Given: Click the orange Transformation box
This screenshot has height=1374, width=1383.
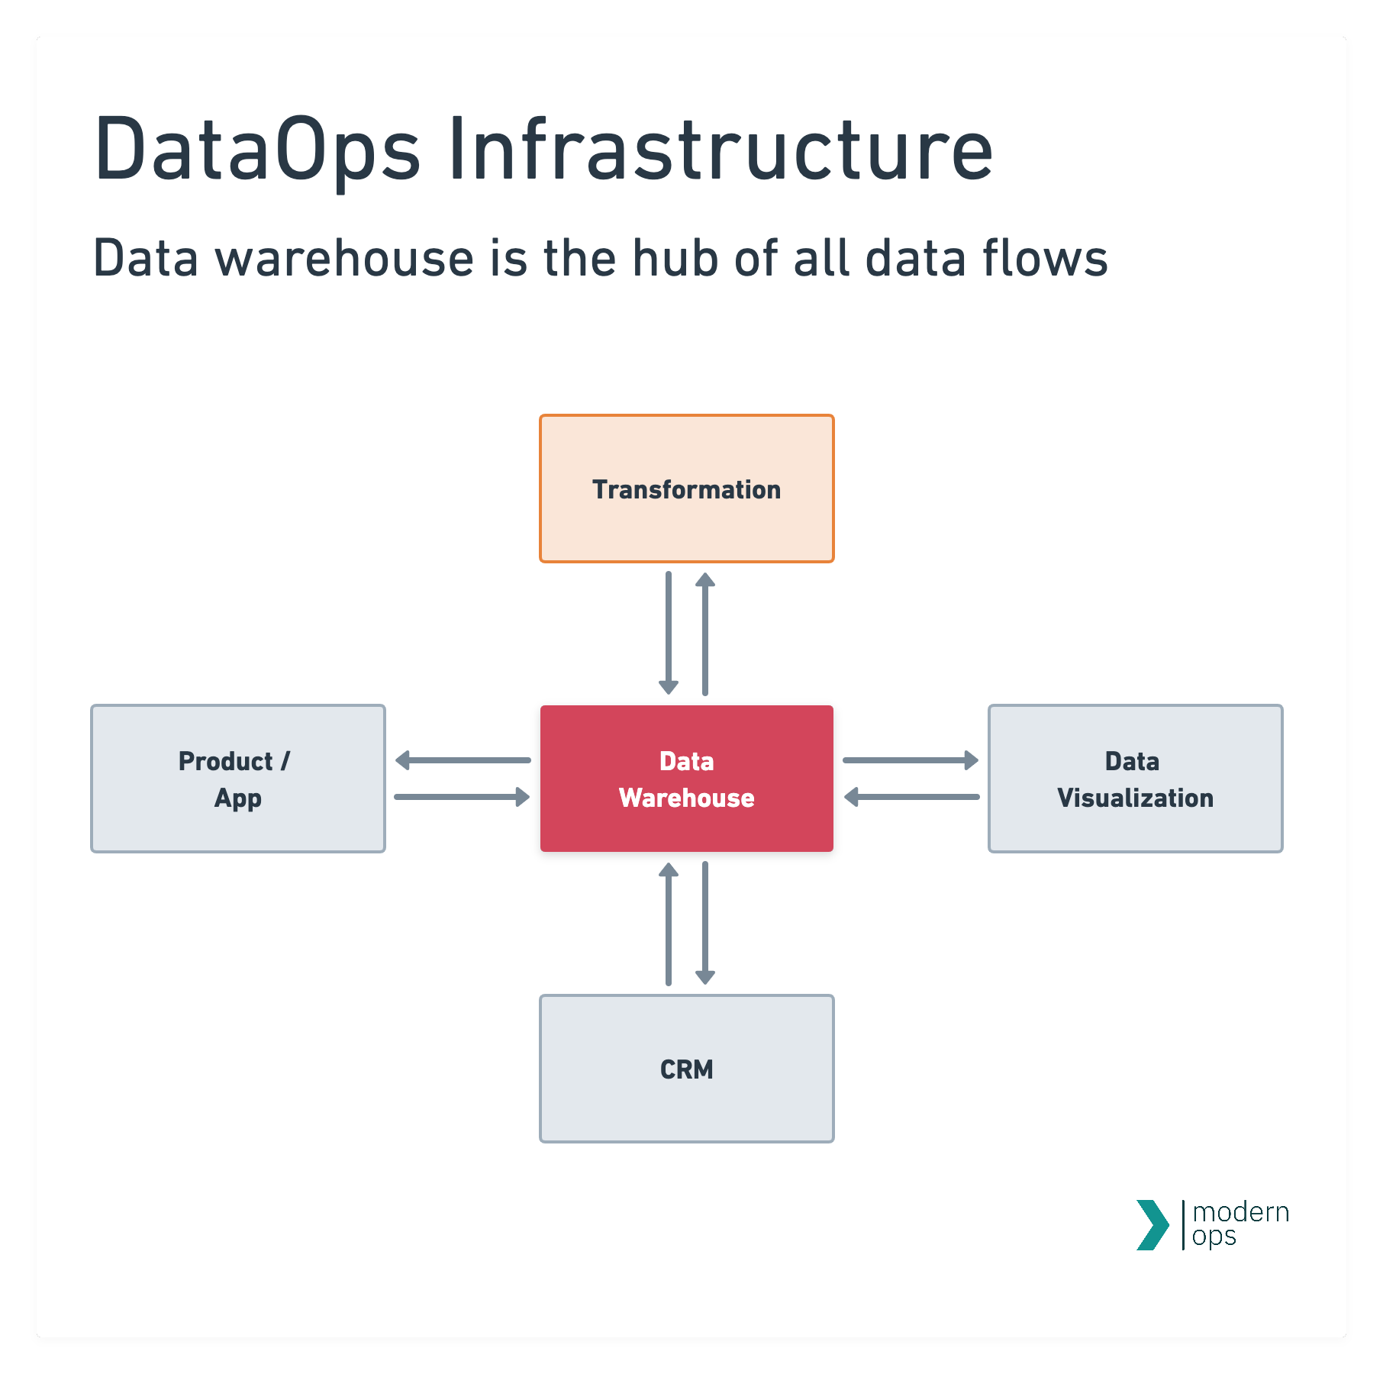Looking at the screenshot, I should tap(686, 489).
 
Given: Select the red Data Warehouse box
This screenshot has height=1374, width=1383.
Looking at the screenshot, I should tap(686, 778).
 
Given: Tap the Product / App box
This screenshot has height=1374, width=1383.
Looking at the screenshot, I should tap(237, 778).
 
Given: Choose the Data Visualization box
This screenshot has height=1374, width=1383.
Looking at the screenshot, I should tap(1135, 778).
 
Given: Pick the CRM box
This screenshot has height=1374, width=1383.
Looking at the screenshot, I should tap(686, 1068).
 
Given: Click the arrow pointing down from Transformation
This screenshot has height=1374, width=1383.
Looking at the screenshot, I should tap(669, 634).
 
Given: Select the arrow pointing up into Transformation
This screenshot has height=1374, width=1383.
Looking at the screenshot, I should tap(705, 634).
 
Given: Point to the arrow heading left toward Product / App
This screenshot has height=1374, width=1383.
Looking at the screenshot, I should tap(463, 760).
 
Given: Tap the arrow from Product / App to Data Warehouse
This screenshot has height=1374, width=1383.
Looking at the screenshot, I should tap(463, 797).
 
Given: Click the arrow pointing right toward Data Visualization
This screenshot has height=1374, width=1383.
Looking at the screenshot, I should tap(911, 760).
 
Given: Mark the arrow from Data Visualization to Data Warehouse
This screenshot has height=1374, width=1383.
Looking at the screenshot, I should tap(911, 797).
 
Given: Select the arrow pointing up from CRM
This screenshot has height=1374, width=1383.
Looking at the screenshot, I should tap(669, 924).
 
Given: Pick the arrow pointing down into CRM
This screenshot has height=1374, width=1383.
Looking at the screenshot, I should tap(705, 924).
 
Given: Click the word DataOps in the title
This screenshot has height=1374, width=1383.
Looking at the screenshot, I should tap(256, 150).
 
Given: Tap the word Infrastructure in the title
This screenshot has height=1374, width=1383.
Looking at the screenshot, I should tap(721, 150).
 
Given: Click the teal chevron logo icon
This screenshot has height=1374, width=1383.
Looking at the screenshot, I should tap(1152, 1225).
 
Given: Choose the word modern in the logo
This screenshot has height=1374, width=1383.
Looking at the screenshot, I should tap(1240, 1212).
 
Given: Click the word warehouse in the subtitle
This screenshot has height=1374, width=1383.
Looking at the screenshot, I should tap(345, 258).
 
